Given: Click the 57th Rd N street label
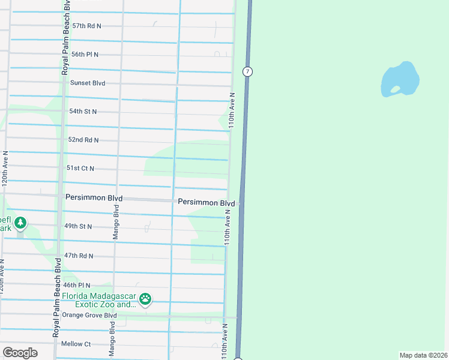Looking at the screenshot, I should point(86,26).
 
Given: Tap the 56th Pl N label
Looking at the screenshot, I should point(85,55).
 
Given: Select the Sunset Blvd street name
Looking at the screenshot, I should point(87,83).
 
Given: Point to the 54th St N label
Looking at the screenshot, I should point(83,112).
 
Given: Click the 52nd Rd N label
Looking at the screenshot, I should point(83,140).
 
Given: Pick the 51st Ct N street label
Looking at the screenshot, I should point(80,169).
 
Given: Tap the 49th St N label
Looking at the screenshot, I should point(78,226).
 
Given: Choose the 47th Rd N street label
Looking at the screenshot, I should point(79,256).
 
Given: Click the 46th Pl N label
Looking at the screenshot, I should point(77,285).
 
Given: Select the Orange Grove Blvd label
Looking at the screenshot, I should point(89,315).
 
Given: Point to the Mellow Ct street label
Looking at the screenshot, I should point(76,344).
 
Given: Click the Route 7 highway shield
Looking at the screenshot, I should point(247,71).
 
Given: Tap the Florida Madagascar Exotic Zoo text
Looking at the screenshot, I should point(99,301).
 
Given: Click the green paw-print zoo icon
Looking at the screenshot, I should point(145,298).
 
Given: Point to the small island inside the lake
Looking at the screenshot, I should point(395,90).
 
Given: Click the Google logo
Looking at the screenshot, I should point(20,352).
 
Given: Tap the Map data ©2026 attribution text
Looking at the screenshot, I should point(423,355).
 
